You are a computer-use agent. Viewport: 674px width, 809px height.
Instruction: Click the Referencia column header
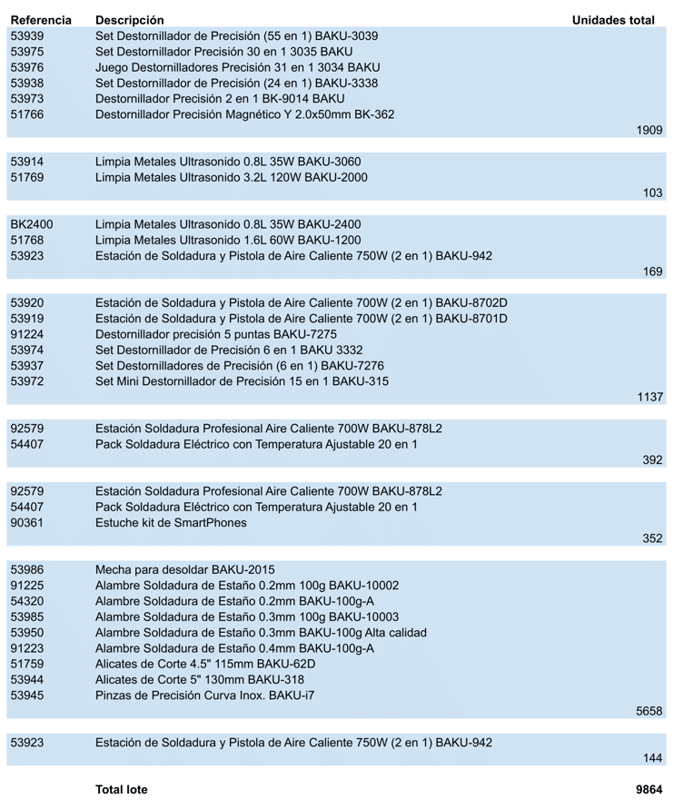41,20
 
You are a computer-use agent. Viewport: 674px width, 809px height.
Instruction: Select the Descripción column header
130,20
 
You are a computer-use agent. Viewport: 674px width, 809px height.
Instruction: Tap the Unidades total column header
613,20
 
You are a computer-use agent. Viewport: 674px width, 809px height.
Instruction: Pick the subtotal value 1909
649,131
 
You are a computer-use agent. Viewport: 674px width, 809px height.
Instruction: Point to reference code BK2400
32,224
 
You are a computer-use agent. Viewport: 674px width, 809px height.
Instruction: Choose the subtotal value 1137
649,398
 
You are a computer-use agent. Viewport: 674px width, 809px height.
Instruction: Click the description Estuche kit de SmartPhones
171,523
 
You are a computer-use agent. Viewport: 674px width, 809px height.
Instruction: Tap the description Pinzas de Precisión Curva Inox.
205,696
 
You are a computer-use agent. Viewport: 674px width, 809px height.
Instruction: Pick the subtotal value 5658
649,712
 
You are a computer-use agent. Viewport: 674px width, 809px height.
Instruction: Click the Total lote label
122,790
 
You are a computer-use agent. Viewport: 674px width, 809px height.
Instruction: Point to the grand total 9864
649,790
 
